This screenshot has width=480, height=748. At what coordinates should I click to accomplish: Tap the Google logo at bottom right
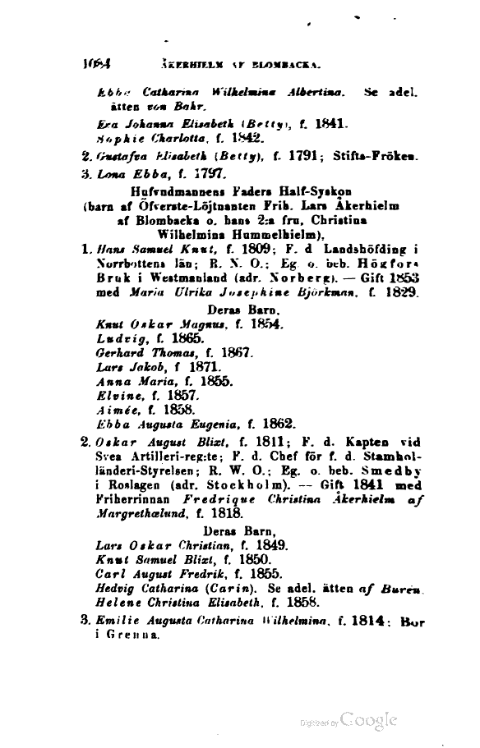(369, 720)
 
